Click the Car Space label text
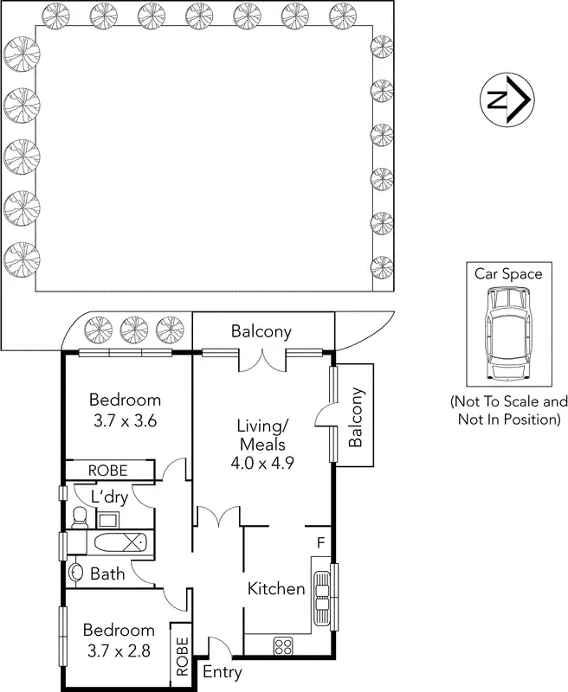(507, 274)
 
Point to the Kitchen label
(276, 589)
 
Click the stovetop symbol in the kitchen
(282, 644)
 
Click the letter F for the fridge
(319, 543)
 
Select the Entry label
(222, 672)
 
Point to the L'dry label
(110, 497)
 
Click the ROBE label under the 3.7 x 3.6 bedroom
(108, 471)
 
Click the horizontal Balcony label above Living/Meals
(261, 331)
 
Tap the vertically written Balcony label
(355, 417)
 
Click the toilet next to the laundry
(80, 518)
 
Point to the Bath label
(107, 573)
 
